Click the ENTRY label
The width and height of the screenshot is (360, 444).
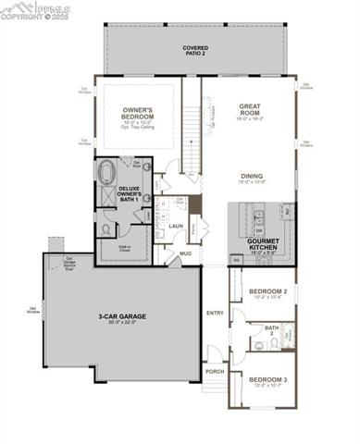pyautogui.click(x=215, y=312)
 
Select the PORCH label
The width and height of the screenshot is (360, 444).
pyautogui.click(x=215, y=371)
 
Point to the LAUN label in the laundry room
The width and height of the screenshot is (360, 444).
pyautogui.click(x=174, y=224)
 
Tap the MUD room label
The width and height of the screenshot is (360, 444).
pyautogui.click(x=185, y=253)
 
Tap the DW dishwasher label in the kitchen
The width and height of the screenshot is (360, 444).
pyautogui.click(x=259, y=230)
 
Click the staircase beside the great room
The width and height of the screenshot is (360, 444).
pyautogui.click(x=192, y=139)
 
